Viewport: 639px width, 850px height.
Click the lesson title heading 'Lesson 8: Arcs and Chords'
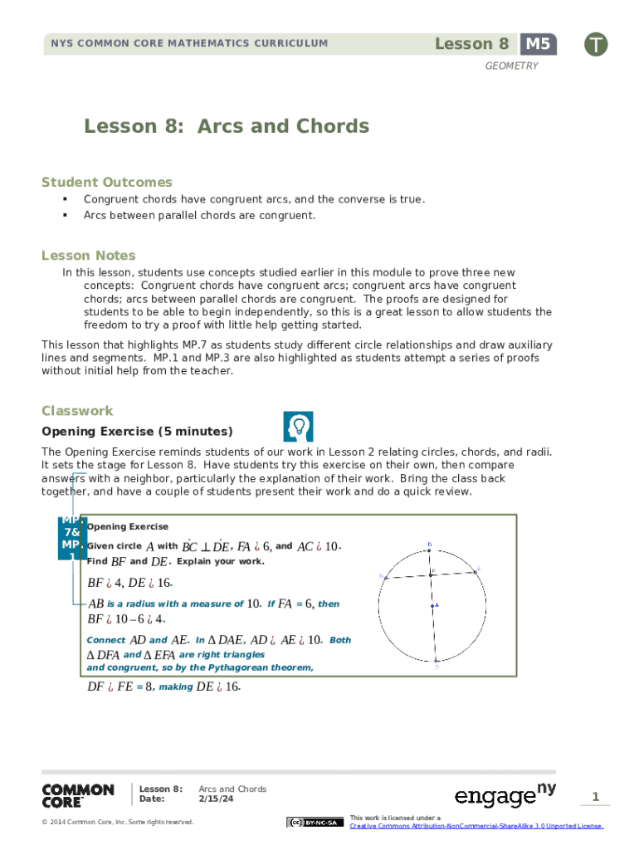(x=226, y=126)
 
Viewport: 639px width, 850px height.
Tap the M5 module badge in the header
(x=539, y=44)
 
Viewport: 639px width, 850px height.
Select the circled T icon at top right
(x=595, y=45)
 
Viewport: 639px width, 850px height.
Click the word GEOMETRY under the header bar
(x=511, y=66)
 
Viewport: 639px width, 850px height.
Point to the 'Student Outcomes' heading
(x=107, y=182)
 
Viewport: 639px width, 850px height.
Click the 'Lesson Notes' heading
(x=89, y=255)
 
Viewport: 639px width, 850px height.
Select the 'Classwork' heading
(x=77, y=411)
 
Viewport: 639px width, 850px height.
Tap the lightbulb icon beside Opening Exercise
(x=298, y=426)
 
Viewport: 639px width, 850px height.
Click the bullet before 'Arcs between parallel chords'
(x=64, y=216)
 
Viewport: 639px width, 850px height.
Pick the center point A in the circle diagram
(x=432, y=605)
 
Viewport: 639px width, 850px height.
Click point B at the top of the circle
(x=429, y=550)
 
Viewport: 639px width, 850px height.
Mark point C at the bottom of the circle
(x=436, y=661)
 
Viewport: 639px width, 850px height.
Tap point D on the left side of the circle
(x=385, y=578)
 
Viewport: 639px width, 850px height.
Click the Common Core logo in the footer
(x=78, y=795)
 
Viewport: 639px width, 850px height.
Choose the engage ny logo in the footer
(x=505, y=795)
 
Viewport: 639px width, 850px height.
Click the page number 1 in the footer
(x=595, y=797)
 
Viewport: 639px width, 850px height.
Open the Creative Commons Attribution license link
(x=476, y=826)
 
